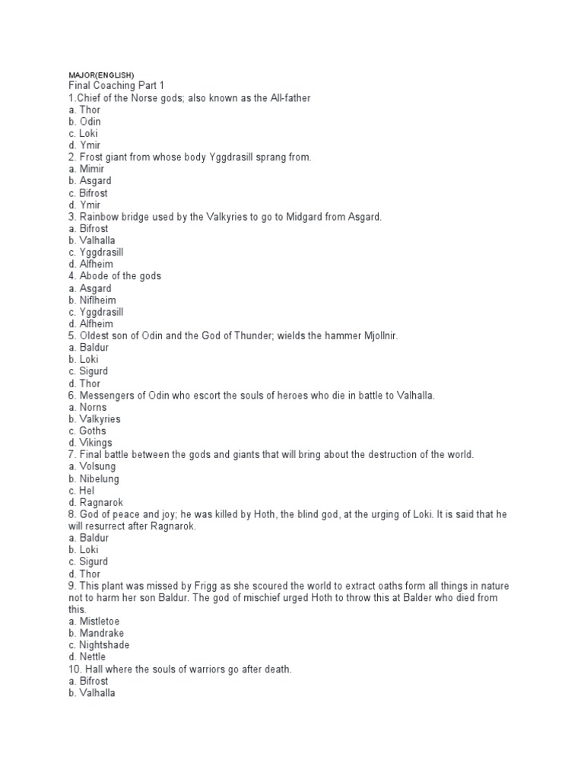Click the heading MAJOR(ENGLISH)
pos(100,75)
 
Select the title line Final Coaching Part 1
pos(116,86)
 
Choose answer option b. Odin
pos(84,122)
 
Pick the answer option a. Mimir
pos(86,169)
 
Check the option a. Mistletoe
pos(94,621)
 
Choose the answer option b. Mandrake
pos(95,633)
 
